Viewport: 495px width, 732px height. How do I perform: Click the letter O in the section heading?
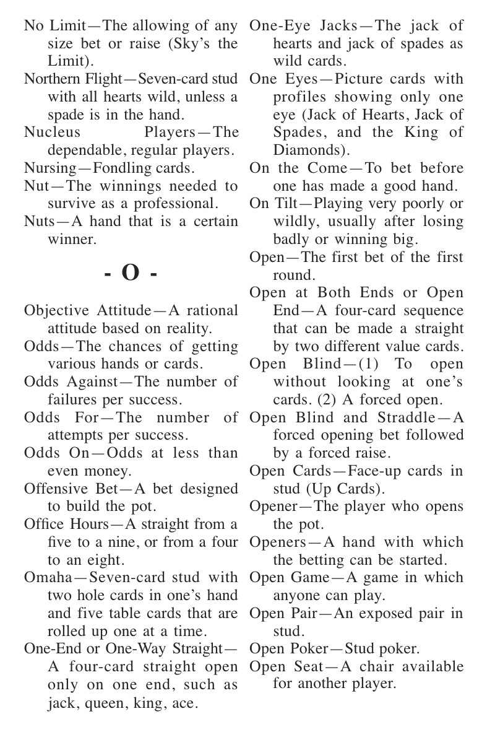[x=131, y=273]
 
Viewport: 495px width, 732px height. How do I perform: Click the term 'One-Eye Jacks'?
[x=303, y=26]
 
